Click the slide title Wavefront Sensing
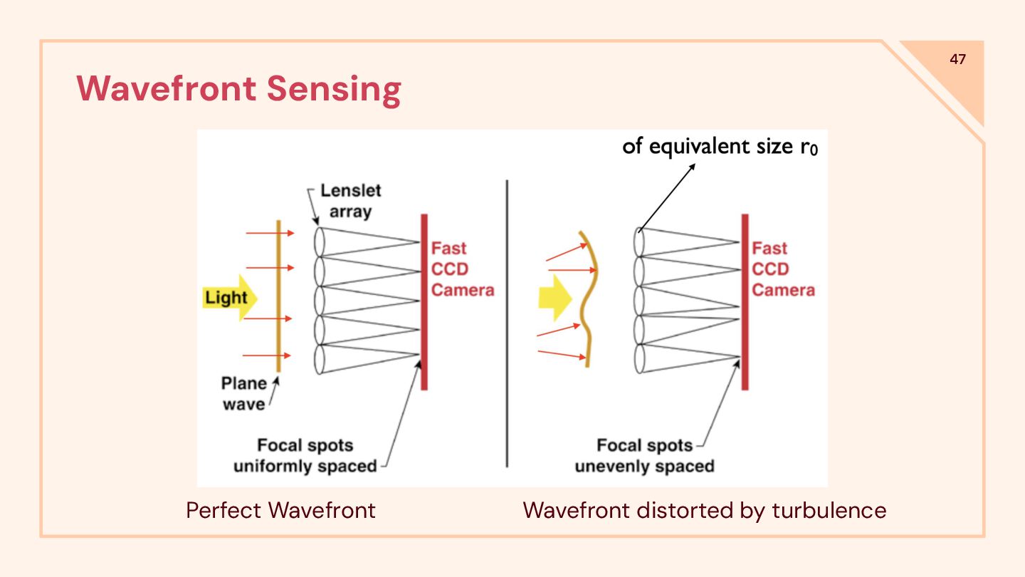239,89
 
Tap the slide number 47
957,59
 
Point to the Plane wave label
243,393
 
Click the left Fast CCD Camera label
461,269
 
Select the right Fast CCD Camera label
782,269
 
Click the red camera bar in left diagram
424,302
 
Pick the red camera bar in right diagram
745,302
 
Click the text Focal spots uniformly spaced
305,456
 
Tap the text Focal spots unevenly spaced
644,456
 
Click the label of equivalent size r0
725,147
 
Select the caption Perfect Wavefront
280,510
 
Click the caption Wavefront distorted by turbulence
704,510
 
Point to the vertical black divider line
507,323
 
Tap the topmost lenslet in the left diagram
319,241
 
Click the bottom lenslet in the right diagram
639,358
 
